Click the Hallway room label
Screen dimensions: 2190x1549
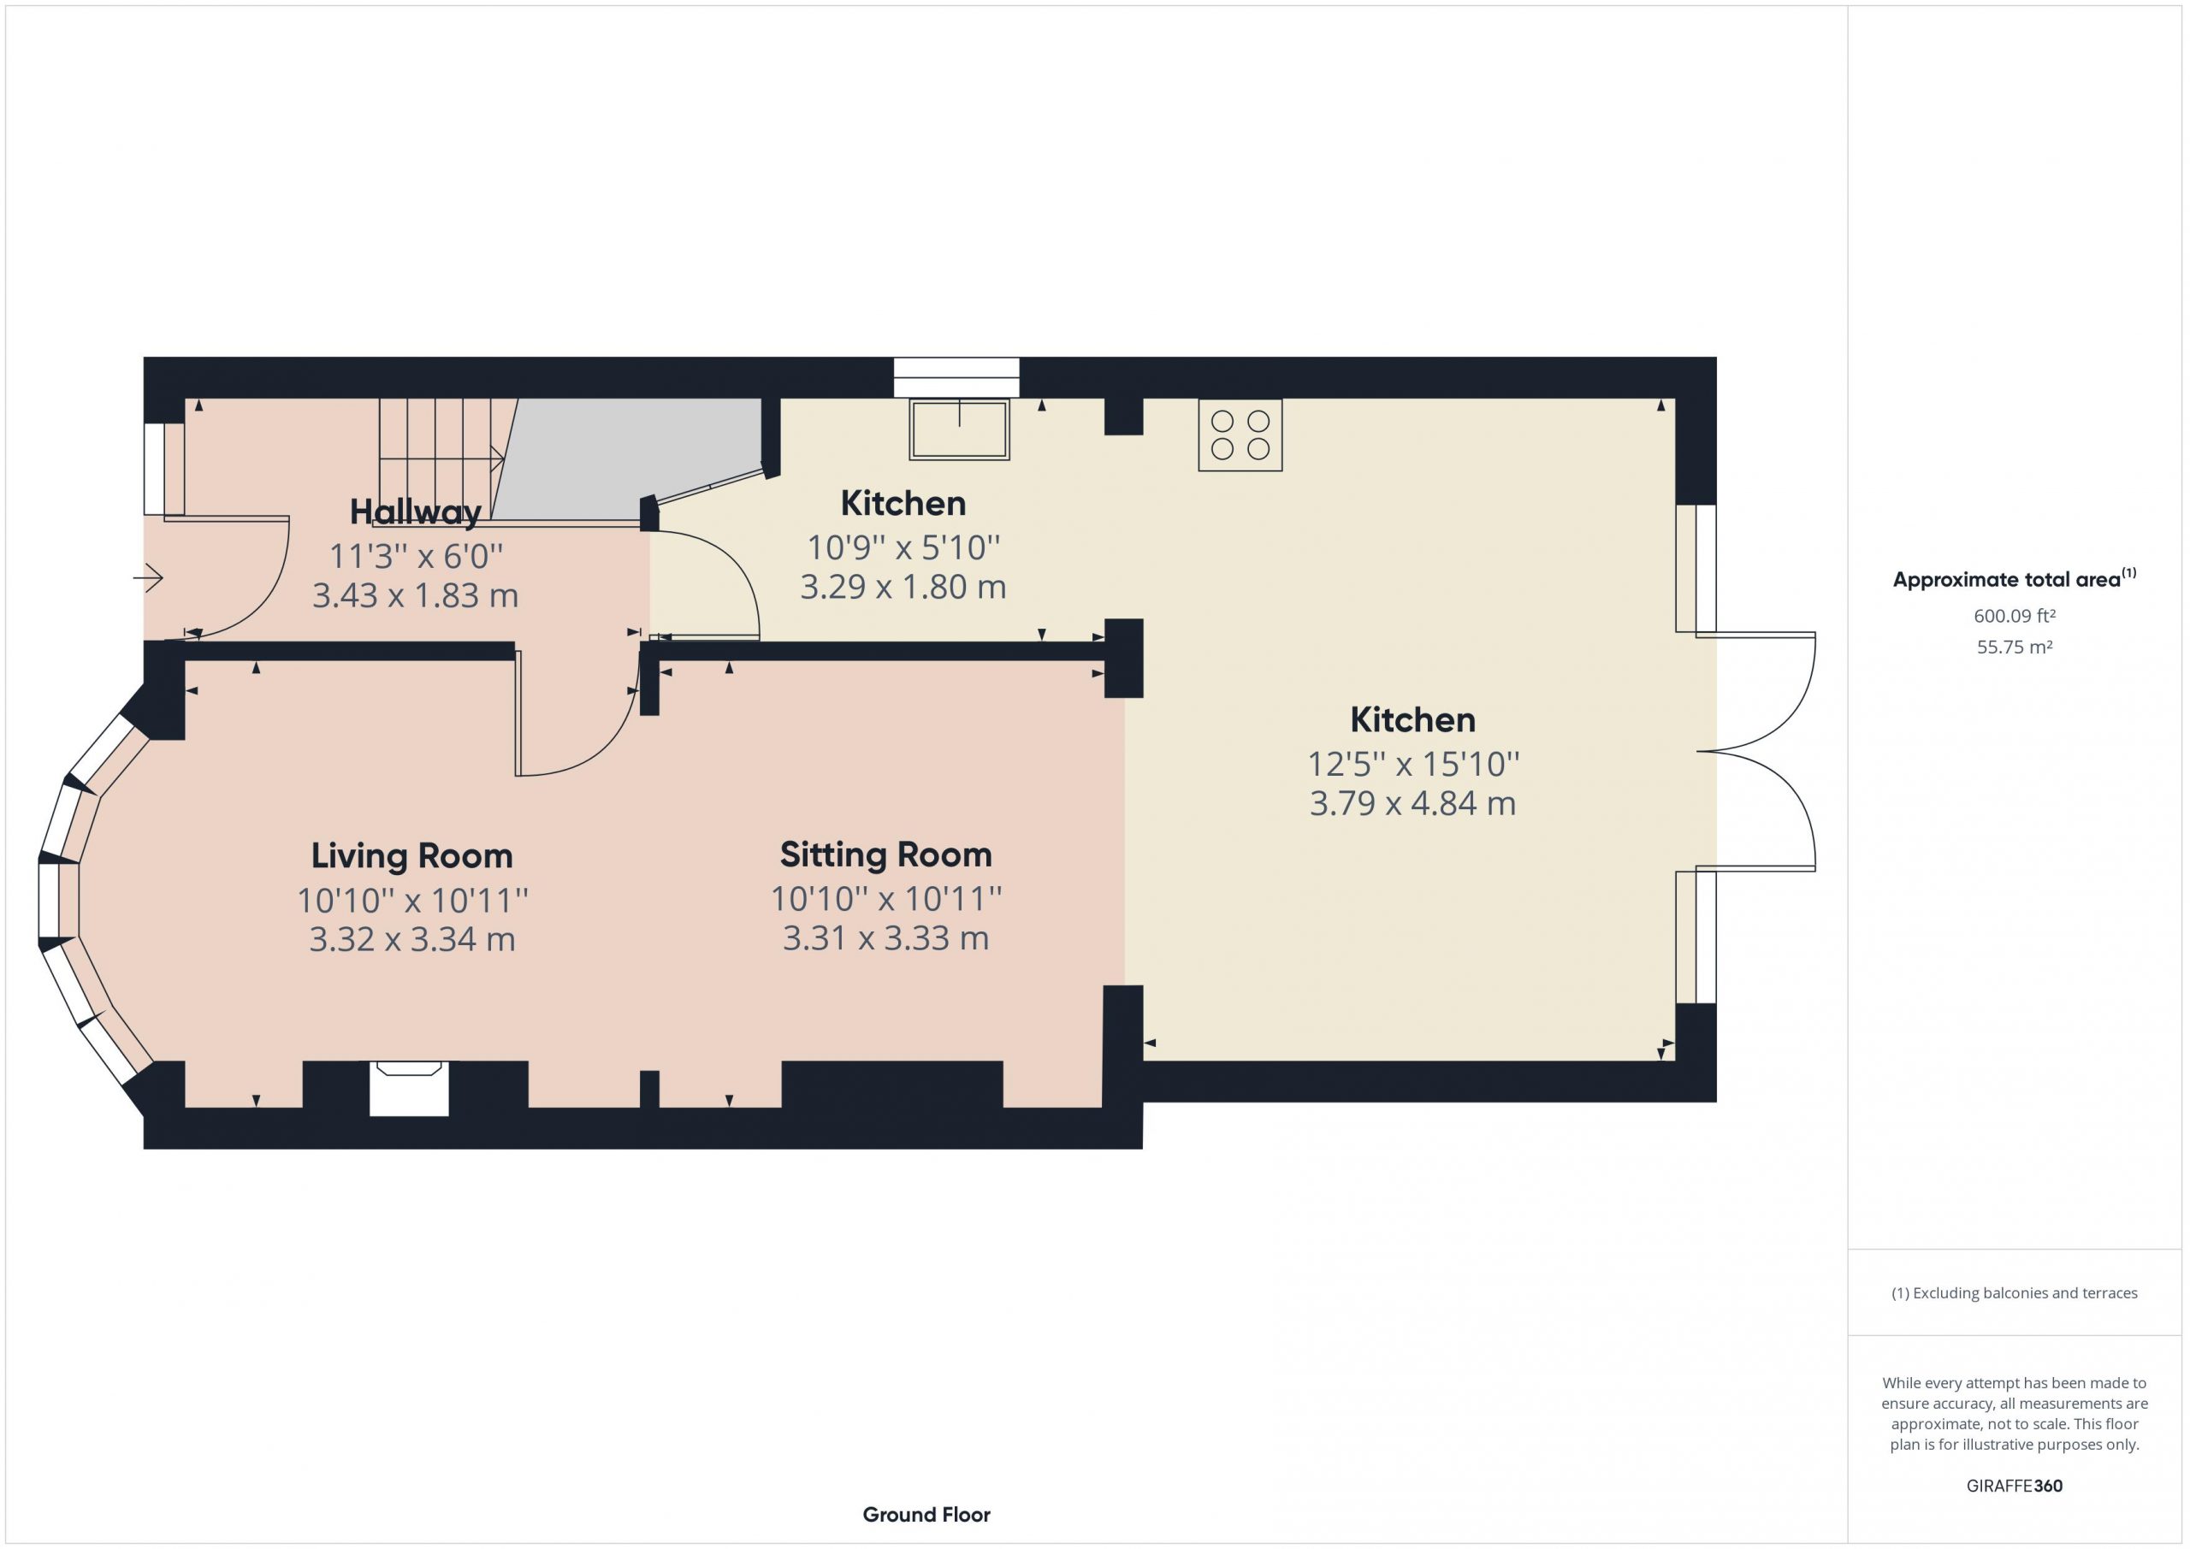(x=415, y=512)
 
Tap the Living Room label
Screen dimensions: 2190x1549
(x=412, y=855)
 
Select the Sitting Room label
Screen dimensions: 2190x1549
(x=886, y=854)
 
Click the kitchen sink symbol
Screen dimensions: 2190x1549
(x=960, y=429)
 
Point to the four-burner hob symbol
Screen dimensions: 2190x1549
(x=1240, y=435)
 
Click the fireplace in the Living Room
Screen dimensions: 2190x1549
(x=409, y=1088)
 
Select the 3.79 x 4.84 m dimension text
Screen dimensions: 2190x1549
(x=1412, y=803)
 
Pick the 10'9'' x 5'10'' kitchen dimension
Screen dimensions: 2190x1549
(x=903, y=547)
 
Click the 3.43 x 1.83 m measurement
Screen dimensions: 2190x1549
(x=415, y=596)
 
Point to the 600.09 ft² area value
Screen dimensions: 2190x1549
(x=2015, y=616)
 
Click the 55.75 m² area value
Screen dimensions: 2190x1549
(x=2015, y=647)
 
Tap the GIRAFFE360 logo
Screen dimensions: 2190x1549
(x=2015, y=1485)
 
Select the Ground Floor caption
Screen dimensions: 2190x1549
(x=926, y=1514)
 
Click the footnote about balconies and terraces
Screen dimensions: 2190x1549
(x=2015, y=1292)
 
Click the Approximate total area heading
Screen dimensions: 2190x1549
(x=2015, y=579)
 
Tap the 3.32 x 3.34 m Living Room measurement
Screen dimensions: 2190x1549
(x=412, y=939)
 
